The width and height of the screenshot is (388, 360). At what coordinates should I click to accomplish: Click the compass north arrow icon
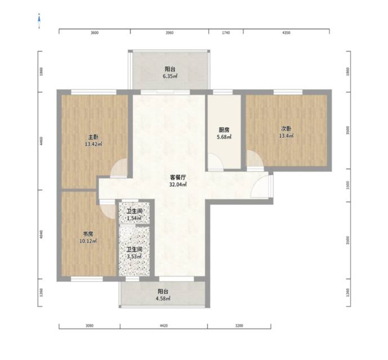pos(39,21)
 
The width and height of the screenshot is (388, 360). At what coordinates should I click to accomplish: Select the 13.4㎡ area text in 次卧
pos(286,136)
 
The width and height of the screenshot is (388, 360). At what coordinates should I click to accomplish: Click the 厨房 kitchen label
pos(224,130)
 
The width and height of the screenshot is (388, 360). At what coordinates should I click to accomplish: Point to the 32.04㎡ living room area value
pos(178,184)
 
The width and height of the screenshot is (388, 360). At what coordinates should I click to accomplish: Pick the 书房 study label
pos(88,234)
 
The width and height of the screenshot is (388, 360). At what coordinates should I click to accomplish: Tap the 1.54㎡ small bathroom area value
pos(134,218)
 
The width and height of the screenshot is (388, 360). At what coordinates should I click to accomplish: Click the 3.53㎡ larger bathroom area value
pos(134,256)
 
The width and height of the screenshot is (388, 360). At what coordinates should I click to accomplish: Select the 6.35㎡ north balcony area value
pos(170,76)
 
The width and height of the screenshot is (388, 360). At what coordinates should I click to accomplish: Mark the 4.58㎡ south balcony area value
pos(163,299)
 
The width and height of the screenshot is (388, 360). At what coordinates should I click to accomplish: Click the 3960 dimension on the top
pos(170,33)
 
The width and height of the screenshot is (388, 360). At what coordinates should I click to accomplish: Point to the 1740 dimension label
pos(226,33)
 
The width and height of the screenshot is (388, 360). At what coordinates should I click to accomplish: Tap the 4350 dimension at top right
pos(286,33)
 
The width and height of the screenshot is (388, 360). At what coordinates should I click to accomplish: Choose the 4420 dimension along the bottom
pos(163,326)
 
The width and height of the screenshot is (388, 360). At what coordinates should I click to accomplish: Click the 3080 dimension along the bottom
pos(90,326)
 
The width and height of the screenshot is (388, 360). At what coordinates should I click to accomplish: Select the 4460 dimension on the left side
pos(41,141)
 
